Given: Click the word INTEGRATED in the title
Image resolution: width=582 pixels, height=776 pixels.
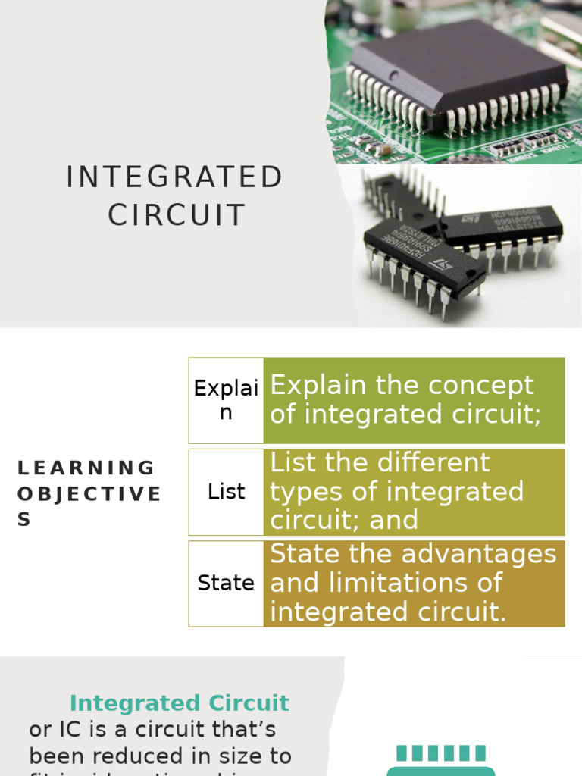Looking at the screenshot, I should (x=174, y=177).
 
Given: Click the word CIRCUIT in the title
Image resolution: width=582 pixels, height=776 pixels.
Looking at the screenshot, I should (x=177, y=215).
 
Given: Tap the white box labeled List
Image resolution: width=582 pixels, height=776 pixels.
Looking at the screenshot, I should (x=226, y=492).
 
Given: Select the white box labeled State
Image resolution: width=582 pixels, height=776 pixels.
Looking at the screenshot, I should (x=226, y=583).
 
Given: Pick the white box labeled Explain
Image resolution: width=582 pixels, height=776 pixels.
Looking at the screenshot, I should (x=226, y=400).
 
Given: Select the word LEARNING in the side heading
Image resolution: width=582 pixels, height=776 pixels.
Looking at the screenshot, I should (x=86, y=468).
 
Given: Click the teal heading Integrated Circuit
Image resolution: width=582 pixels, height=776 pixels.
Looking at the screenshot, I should (x=179, y=702).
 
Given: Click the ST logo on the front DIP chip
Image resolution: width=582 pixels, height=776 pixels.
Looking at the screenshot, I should (x=440, y=264).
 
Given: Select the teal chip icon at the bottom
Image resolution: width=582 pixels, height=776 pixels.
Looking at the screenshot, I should (x=441, y=762).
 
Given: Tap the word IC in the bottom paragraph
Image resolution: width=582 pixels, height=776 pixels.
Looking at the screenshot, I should (x=64, y=729).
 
